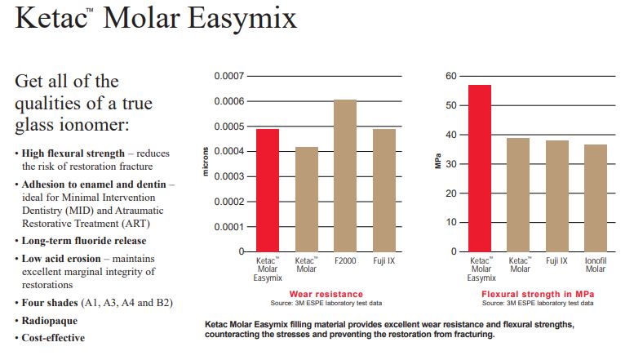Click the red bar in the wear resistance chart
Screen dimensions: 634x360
(x=268, y=190)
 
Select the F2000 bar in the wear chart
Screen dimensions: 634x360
(x=345, y=176)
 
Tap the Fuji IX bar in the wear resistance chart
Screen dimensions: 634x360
(x=384, y=190)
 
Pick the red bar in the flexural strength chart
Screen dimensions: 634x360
(x=480, y=168)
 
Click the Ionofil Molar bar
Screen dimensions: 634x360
(x=596, y=198)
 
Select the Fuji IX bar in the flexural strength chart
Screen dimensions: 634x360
(x=557, y=196)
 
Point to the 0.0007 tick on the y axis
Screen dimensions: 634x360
(x=229, y=76)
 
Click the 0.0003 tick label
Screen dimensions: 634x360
(x=229, y=176)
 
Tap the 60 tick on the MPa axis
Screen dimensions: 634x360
(x=451, y=76)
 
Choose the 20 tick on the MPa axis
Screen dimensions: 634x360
(x=451, y=193)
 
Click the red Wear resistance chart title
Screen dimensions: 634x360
(x=326, y=294)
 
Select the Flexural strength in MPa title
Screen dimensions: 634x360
(x=538, y=294)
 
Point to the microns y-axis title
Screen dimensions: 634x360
(x=206, y=162)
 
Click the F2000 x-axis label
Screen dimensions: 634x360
(x=345, y=261)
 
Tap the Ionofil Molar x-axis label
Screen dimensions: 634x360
(x=596, y=265)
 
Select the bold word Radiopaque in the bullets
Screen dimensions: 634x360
(x=49, y=321)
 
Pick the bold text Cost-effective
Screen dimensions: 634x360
(x=53, y=338)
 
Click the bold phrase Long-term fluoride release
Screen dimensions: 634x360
(x=84, y=241)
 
